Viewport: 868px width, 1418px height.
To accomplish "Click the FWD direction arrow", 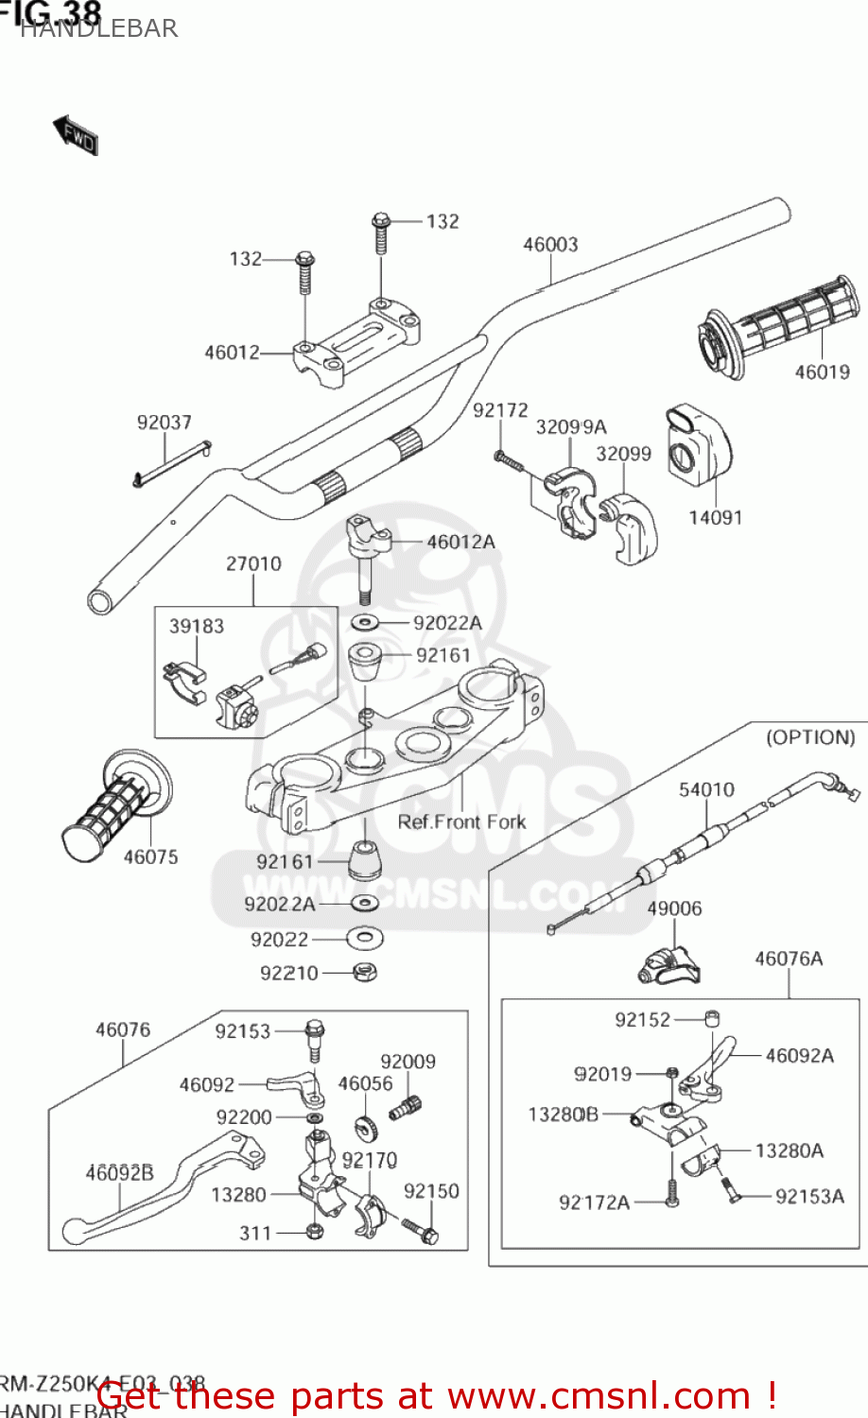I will pos(76,135).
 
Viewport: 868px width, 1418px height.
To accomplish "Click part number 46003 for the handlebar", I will pos(550,245).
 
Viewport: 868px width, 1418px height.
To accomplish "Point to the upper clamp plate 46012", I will pos(356,341).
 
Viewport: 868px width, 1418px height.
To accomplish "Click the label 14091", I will pos(715,517).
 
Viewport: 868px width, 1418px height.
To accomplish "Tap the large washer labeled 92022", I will pos(364,939).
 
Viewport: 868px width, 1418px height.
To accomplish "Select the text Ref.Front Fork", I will pos(461,821).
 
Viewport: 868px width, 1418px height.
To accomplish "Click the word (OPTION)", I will pos(810,736).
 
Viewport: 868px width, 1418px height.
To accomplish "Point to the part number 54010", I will pos(706,789).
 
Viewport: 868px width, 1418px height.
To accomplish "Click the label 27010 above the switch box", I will pos(253,563).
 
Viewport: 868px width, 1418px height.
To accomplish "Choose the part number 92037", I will pos(164,423).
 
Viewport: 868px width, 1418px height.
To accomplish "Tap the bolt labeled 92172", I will pos(508,460).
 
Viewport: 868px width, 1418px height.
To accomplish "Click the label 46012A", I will pos(460,542).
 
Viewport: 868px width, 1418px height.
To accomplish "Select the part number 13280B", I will pos(563,1115).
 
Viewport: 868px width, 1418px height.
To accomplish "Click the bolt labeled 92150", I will pos(420,1229).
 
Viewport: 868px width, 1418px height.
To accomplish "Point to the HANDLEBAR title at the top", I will pos(98,28).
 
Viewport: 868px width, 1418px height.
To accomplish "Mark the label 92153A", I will pos(809,1197).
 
